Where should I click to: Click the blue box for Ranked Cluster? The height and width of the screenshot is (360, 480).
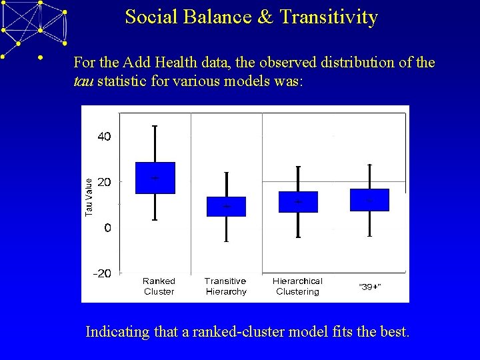[x=155, y=178]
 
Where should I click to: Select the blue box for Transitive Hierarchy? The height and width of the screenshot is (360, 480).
[x=226, y=207]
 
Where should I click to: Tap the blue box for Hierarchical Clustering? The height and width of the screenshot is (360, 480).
[x=298, y=202]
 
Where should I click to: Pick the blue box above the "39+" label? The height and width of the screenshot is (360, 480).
[x=369, y=200]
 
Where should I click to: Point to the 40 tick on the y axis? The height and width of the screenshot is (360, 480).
[x=105, y=136]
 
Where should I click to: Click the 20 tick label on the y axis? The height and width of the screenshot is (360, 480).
[x=105, y=182]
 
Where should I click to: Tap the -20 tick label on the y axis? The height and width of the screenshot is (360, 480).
[x=102, y=273]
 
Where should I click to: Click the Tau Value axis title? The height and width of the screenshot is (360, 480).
[x=89, y=194]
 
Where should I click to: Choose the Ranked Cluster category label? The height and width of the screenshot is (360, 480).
[x=159, y=286]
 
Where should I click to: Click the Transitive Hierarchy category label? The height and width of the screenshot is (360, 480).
[x=225, y=286]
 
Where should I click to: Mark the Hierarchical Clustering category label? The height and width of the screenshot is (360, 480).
[x=297, y=286]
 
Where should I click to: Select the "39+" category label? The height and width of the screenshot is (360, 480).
[x=370, y=287]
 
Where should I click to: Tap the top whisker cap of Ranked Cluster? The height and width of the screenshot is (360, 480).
[x=155, y=125]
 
